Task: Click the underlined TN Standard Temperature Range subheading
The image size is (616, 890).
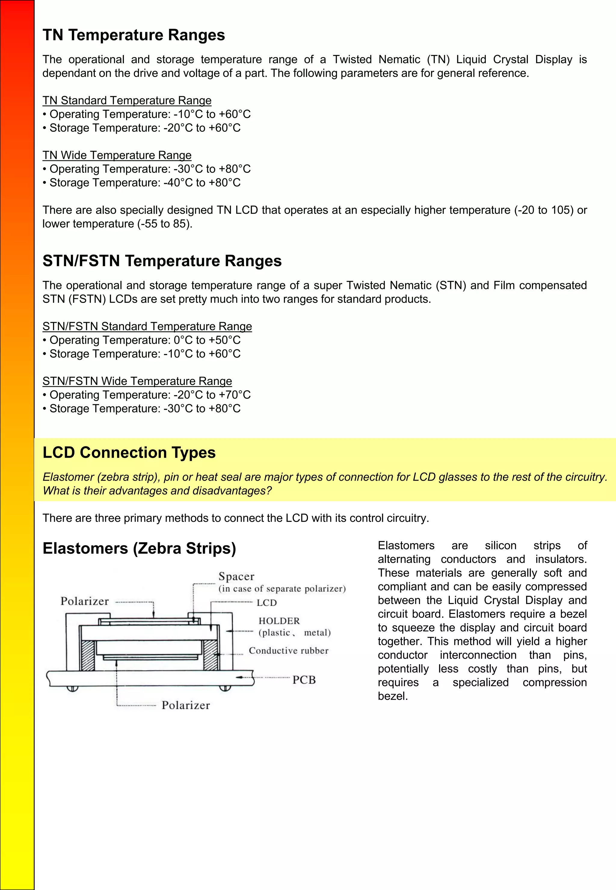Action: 127,100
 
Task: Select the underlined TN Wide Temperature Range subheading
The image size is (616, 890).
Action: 117,155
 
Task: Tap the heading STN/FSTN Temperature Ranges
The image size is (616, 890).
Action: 162,261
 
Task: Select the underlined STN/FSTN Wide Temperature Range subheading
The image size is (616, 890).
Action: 137,381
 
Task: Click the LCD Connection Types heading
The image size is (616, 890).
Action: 129,453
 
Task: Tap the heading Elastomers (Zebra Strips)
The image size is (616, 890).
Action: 139,548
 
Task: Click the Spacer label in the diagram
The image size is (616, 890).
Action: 236,576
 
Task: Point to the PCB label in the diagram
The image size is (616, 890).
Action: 304,680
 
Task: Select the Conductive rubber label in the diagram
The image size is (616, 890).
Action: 288,651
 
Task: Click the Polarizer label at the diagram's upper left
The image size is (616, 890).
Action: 85,601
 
